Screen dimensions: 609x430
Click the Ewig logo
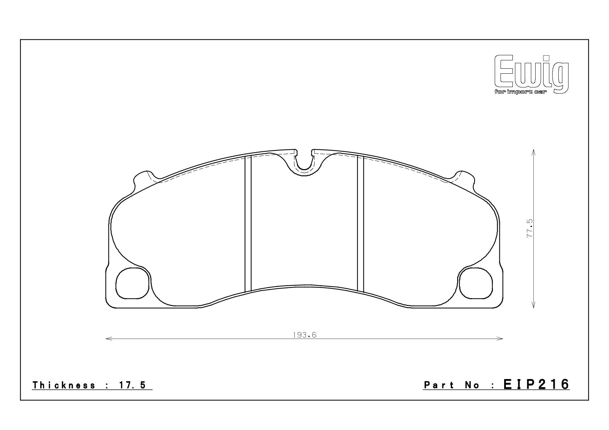pyautogui.click(x=531, y=74)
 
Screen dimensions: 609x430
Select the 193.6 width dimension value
pyautogui.click(x=304, y=335)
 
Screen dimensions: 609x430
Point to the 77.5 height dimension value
pyautogui.click(x=529, y=228)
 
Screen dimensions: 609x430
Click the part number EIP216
pyautogui.click(x=536, y=384)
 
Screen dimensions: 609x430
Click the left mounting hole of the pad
pyautogui.click(x=132, y=283)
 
